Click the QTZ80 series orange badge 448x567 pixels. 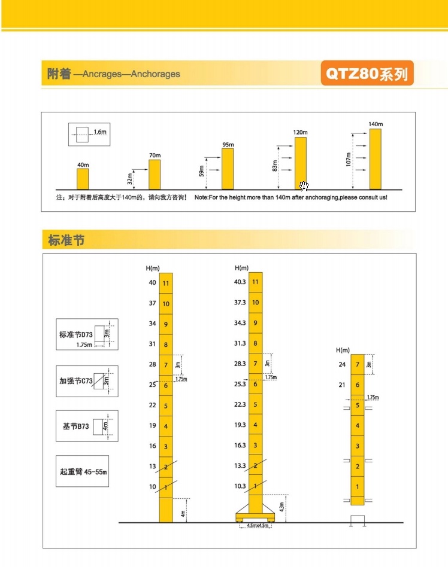pyautogui.click(x=367, y=74)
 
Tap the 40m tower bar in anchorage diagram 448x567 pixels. pyautogui.click(x=83, y=178)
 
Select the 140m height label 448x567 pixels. pyautogui.click(x=375, y=124)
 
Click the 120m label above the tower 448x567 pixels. pyautogui.click(x=300, y=132)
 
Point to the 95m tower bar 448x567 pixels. pyautogui.click(x=228, y=169)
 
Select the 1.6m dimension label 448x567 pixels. pyautogui.click(x=99, y=131)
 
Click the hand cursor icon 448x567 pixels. pyautogui.click(x=304, y=186)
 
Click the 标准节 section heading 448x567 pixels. pyautogui.click(x=66, y=240)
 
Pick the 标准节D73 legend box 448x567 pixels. pyautogui.click(x=87, y=334)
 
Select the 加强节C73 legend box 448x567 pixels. pyautogui.click(x=87, y=380)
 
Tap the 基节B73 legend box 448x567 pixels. pyautogui.click(x=87, y=426)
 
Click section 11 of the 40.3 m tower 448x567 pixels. pyautogui.click(x=256, y=282)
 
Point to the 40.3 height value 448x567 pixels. pyautogui.click(x=240, y=282)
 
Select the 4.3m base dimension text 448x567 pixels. pyautogui.click(x=281, y=507)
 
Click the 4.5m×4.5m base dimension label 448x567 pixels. pyautogui.click(x=256, y=526)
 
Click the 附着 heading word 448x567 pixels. pyautogui.click(x=59, y=74)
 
